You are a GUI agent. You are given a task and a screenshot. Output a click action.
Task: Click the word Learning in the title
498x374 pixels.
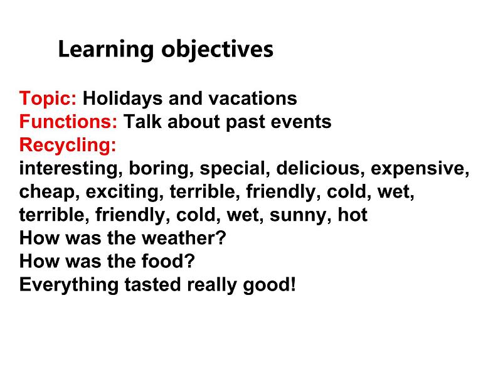[106, 50]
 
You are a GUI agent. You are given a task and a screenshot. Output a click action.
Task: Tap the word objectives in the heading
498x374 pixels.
[217, 50]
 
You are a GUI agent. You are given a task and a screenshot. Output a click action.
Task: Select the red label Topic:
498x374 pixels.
[48, 99]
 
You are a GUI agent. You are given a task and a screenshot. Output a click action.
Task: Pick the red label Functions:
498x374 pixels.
[68, 121]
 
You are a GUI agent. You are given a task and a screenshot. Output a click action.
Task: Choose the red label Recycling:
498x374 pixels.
[68, 145]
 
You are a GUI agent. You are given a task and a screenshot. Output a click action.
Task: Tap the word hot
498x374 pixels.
[352, 215]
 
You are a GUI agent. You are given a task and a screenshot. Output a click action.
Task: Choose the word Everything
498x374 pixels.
[68, 285]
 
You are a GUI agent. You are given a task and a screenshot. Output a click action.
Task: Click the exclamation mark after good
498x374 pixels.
[292, 284]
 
